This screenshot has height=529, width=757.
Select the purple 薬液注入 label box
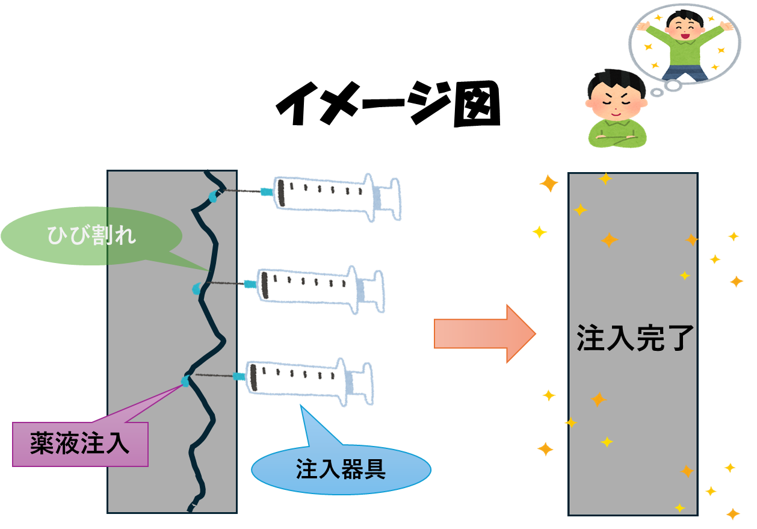(x=80, y=444)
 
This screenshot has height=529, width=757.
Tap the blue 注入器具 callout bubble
(x=341, y=469)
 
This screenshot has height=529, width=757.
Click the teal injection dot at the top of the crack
(x=213, y=196)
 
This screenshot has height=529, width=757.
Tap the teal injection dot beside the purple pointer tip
(x=185, y=381)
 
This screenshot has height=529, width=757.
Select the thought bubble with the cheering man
(x=684, y=43)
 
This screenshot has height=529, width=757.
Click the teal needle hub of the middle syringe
(x=249, y=283)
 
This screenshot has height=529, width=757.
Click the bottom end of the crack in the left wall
(x=191, y=507)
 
